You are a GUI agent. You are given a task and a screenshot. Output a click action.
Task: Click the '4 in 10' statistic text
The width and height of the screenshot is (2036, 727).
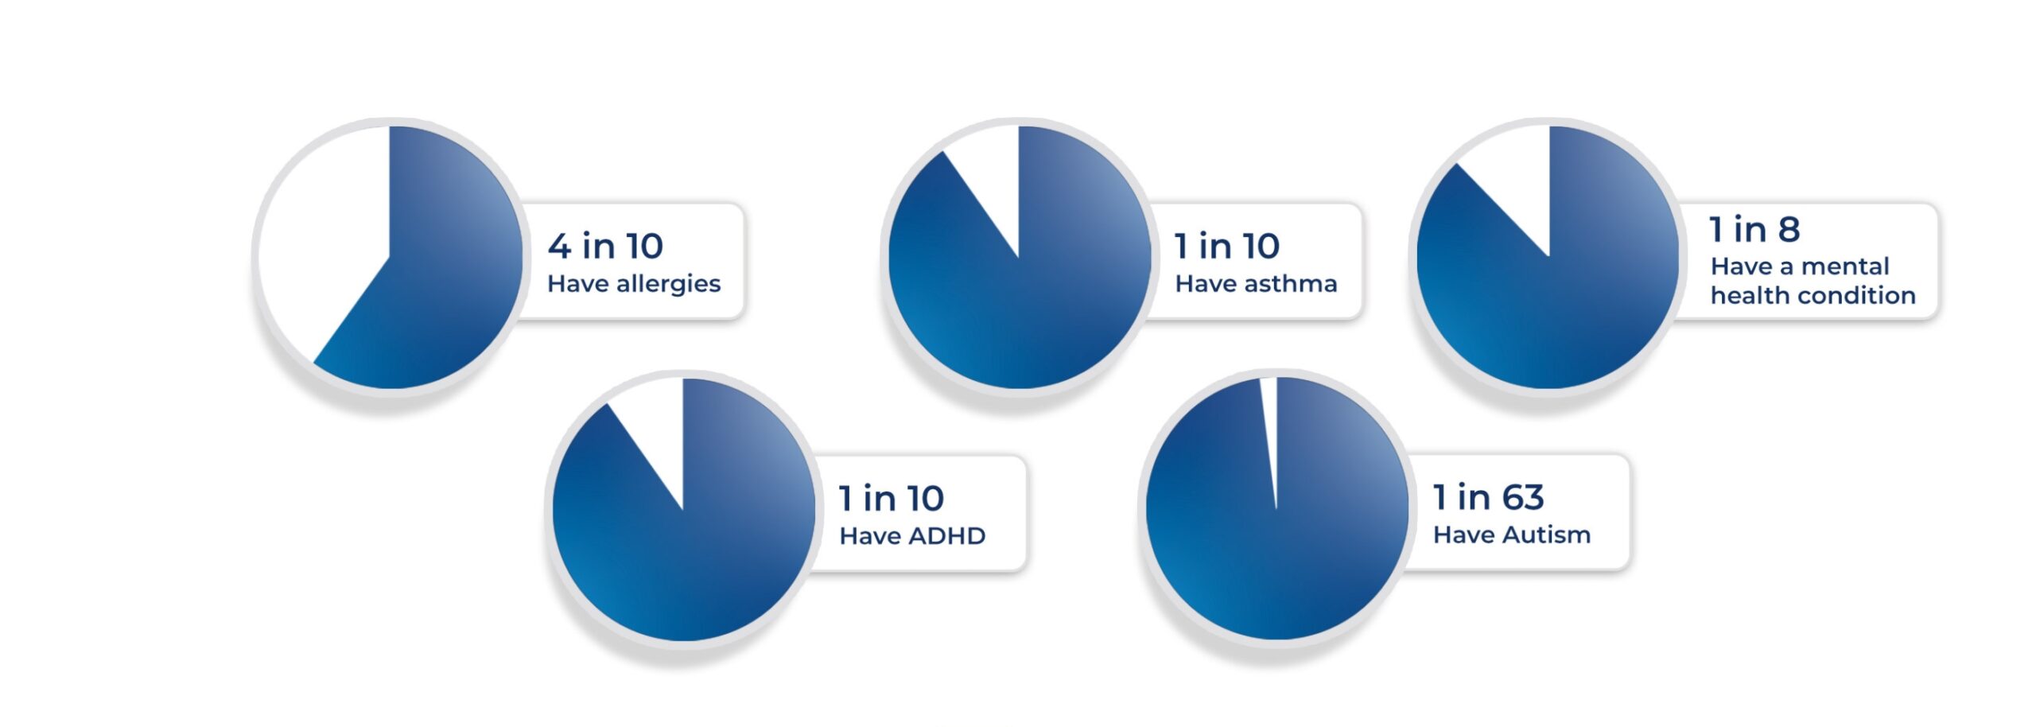[605, 246]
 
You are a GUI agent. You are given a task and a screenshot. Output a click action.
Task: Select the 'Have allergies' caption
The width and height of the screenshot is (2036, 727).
[634, 285]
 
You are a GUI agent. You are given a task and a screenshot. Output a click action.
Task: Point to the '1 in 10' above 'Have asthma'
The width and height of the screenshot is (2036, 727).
[1227, 246]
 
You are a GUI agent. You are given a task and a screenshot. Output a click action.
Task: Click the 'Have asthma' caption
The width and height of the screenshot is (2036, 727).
[1256, 284]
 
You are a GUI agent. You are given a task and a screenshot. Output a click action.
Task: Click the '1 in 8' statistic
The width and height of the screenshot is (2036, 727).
[1754, 229]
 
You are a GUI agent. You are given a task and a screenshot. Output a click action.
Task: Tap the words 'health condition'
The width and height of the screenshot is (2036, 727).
[1813, 296]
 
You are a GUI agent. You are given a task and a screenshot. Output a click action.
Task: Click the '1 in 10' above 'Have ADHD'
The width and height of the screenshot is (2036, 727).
[892, 499]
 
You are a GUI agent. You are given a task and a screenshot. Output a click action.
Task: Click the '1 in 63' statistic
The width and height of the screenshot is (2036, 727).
[1489, 497]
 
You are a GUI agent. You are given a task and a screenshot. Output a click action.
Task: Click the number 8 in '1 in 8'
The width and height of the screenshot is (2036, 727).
[1789, 229]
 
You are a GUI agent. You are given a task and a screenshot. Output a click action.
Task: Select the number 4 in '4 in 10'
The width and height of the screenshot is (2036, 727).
[559, 246]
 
